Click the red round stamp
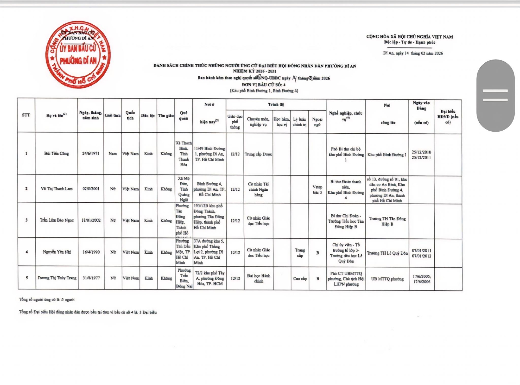78,54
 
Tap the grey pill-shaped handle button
495,95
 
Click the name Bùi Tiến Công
56,153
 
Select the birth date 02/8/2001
91,189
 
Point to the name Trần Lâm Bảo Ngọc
57,220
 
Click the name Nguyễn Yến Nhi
57,252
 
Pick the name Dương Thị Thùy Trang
57,278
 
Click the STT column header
26,115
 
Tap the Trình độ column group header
276,104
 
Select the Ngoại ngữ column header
317,122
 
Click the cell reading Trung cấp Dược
258,154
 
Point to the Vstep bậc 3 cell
317,190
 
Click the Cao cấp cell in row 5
300,279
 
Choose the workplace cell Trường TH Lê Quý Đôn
387,253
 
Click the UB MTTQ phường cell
387,279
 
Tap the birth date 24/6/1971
91,153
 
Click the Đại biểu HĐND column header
448,117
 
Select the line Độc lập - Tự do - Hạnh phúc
409,42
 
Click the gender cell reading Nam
112,154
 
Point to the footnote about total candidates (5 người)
47,299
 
